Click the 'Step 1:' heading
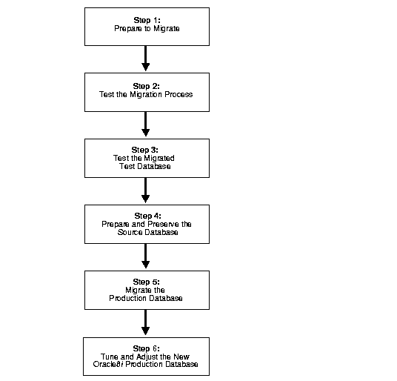pyautogui.click(x=147, y=20)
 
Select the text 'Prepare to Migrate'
pyautogui.click(x=147, y=28)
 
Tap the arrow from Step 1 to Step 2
pyautogui.click(x=146, y=59)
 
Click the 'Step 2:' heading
pyautogui.click(x=147, y=86)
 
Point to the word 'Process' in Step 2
pyautogui.click(x=179, y=94)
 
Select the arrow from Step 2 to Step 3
pyautogui.click(x=146, y=124)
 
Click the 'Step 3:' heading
pyautogui.click(x=145, y=150)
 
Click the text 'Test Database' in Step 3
pyautogui.click(x=145, y=166)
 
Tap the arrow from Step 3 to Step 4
pyautogui.click(x=146, y=190)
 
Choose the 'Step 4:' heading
pyautogui.click(x=147, y=216)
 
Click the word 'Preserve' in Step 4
pyautogui.click(x=163, y=224)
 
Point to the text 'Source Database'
pyautogui.click(x=147, y=232)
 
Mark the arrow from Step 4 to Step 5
pyautogui.click(x=146, y=256)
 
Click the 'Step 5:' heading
pyautogui.click(x=147, y=282)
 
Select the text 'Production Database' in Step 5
pyautogui.click(x=146, y=298)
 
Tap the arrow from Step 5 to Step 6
pyautogui.click(x=146, y=322)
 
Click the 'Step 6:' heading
pyautogui.click(x=147, y=348)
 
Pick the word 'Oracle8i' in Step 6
pyautogui.click(x=108, y=364)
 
